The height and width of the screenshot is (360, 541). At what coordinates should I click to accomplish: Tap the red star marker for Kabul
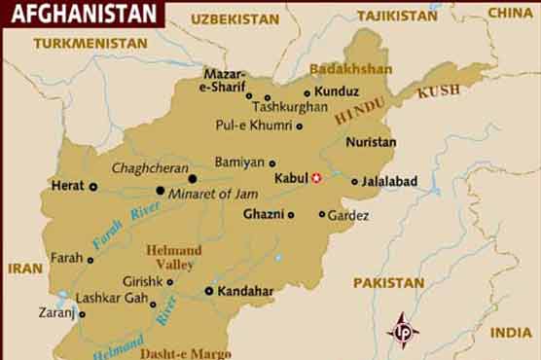315,177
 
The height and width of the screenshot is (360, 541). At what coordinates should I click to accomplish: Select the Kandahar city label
244,291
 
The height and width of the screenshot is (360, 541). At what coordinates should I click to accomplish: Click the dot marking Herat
93,186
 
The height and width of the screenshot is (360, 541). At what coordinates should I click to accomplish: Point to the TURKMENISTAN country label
90,44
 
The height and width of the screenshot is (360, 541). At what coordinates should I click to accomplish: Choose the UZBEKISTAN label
234,18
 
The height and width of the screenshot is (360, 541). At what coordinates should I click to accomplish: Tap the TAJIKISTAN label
398,16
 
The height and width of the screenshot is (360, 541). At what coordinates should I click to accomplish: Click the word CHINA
510,13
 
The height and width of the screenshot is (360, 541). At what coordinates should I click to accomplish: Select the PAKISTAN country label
388,283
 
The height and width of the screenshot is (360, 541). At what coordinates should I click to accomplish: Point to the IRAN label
25,268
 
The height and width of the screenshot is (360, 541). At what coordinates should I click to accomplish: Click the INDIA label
511,333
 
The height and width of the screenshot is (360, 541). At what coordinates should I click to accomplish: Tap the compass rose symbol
402,330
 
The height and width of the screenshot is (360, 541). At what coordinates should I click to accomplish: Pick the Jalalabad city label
389,181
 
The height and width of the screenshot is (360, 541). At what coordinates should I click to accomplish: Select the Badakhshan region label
350,69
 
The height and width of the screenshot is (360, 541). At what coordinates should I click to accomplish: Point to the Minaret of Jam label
212,194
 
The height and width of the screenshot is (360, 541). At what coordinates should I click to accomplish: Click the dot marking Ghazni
290,215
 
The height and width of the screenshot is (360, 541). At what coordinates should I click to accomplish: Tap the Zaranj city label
55,314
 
